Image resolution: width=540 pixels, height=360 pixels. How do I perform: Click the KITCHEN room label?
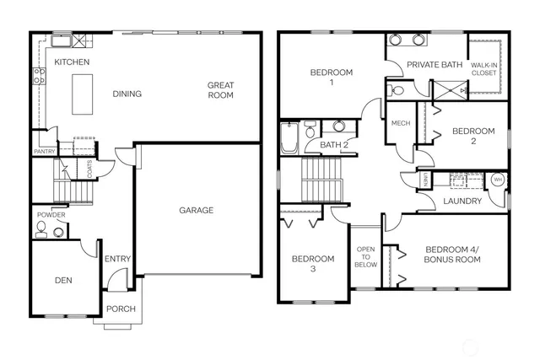coord(72,62)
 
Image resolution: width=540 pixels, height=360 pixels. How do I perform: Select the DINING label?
coord(127,94)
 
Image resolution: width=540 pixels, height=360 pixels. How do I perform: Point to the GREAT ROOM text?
coord(221,89)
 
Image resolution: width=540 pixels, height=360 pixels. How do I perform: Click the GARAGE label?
coord(197,210)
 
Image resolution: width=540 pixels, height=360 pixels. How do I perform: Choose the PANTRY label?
coord(44,151)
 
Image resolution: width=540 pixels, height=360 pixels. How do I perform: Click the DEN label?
coord(63,281)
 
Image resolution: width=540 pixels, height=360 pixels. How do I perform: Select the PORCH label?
coord(121,309)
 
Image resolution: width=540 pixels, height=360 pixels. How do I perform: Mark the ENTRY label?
coord(116,259)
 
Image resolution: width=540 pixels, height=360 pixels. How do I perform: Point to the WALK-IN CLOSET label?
coord(484,68)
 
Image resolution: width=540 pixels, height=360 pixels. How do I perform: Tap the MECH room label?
coord(400,124)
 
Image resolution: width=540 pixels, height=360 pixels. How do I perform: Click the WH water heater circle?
coord(497,180)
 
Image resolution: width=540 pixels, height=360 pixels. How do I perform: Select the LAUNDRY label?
coord(462,201)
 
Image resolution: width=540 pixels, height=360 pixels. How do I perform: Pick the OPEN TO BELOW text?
coord(365,256)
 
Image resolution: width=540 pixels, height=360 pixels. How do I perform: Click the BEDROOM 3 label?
coord(312,263)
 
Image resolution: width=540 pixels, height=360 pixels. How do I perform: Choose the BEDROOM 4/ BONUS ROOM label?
coord(452,254)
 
